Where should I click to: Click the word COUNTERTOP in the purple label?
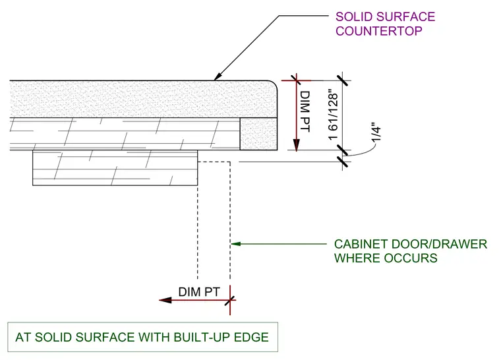point(378,31)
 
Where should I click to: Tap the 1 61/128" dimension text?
point(334,115)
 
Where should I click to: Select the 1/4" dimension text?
point(376,132)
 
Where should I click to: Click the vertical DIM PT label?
point(305,111)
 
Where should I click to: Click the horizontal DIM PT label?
point(199,292)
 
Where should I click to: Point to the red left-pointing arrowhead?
point(165,300)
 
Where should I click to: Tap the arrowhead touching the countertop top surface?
point(218,76)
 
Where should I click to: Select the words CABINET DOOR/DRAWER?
point(411,244)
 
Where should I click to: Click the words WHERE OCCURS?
point(386,258)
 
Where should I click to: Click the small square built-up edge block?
point(258,134)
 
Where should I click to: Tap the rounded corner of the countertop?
point(274,84)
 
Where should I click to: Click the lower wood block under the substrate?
point(115,168)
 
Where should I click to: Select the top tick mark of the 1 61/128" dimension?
point(343,80)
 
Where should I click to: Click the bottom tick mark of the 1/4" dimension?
point(343,162)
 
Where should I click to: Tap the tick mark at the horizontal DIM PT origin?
point(230,300)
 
